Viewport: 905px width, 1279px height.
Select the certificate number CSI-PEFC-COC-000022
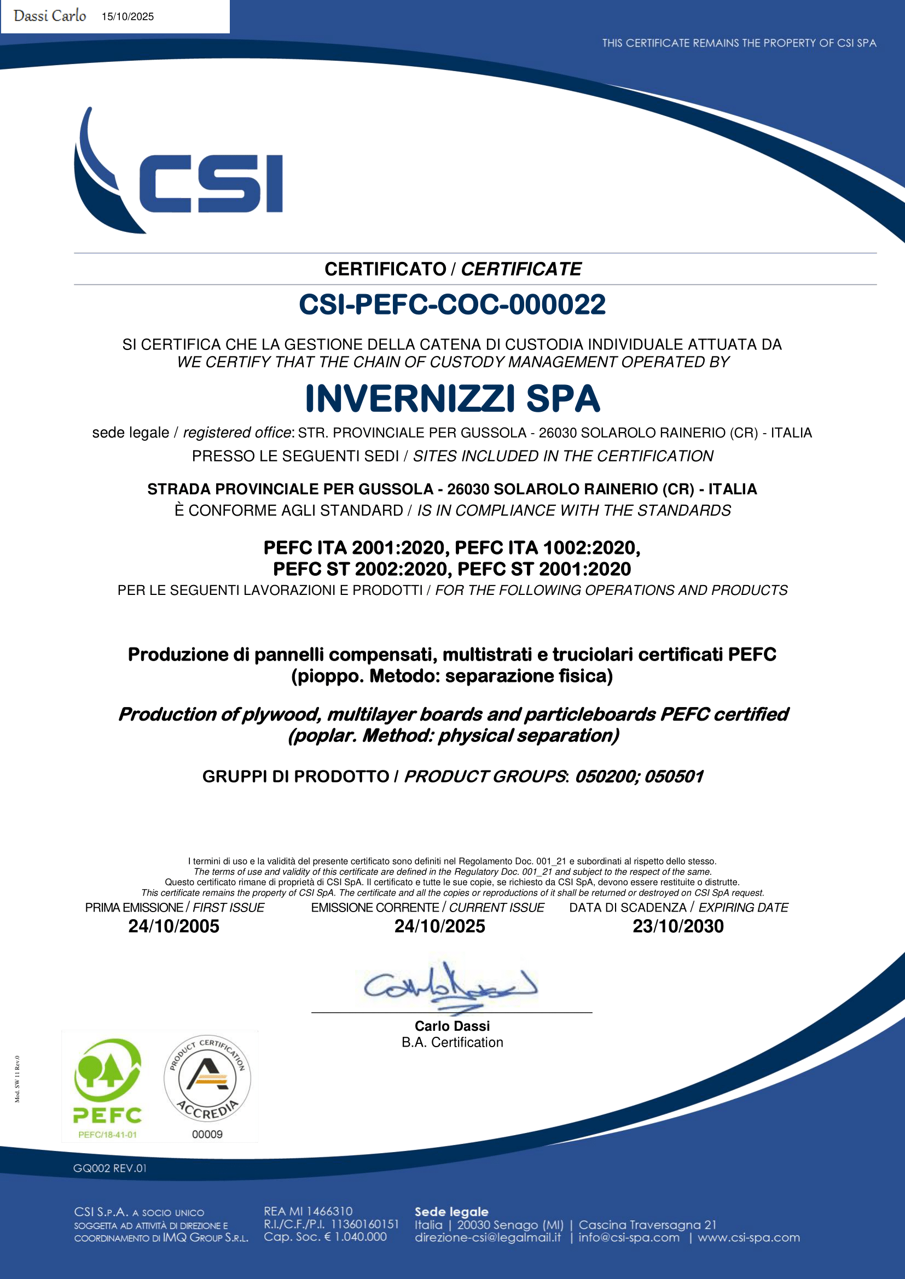click(x=452, y=305)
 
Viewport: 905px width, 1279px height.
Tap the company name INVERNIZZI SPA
click(x=452, y=399)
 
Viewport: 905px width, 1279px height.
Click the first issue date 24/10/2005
click(x=174, y=926)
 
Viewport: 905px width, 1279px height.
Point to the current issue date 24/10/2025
click(x=440, y=926)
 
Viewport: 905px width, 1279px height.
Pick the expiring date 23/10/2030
click(x=677, y=926)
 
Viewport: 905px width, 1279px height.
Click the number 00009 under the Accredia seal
click(x=207, y=1134)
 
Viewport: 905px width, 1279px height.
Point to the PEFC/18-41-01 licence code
click(x=108, y=1135)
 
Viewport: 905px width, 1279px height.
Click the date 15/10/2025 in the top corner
click(x=127, y=17)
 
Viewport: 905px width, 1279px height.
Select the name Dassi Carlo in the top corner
click(x=50, y=16)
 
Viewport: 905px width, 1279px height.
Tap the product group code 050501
click(x=674, y=776)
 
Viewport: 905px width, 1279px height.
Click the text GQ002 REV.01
click(x=110, y=1168)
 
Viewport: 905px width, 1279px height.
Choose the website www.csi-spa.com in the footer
click(x=749, y=1238)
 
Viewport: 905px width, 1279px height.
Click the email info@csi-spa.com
click(x=629, y=1238)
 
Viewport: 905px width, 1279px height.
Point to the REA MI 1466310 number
click(x=308, y=1211)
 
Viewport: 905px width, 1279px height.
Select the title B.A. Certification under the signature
click(x=452, y=1042)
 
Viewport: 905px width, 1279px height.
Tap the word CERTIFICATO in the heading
click(x=385, y=269)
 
